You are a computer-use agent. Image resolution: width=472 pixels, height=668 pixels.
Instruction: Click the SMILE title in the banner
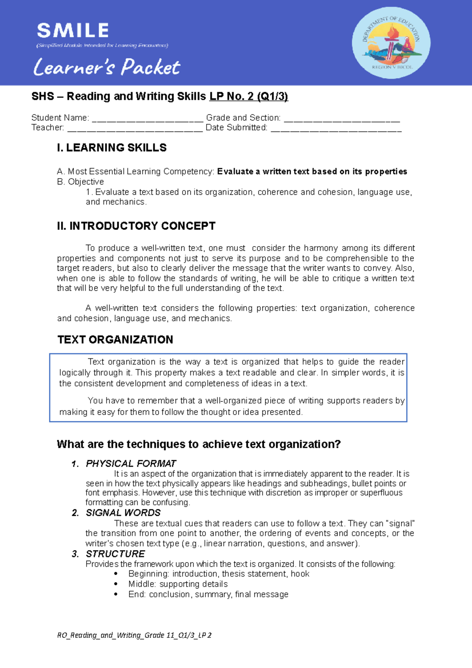(x=73, y=31)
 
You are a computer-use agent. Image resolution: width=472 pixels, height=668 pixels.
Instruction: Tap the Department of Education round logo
(x=391, y=43)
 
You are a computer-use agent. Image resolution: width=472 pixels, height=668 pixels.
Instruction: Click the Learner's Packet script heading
(x=107, y=67)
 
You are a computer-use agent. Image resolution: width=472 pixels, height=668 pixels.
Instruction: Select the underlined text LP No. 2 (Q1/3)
(x=249, y=96)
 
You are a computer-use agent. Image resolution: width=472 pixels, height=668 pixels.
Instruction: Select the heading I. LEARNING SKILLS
(x=112, y=148)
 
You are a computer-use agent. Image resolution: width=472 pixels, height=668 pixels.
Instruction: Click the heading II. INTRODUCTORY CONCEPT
(x=136, y=226)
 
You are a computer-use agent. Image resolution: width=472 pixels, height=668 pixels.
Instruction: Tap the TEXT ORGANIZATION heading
(x=115, y=340)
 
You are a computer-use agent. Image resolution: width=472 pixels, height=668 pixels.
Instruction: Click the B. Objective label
(x=80, y=182)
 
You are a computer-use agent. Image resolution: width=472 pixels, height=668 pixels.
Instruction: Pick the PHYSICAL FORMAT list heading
(x=131, y=464)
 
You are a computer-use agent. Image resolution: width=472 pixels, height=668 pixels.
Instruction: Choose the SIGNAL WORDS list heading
(x=123, y=513)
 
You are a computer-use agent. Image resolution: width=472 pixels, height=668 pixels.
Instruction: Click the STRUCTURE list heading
(x=115, y=554)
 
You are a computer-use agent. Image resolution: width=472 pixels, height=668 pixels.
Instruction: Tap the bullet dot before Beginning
(x=116, y=574)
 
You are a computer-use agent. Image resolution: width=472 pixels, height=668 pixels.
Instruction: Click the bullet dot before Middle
(x=116, y=584)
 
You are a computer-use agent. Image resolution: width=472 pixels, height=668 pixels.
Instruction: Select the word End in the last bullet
(x=136, y=594)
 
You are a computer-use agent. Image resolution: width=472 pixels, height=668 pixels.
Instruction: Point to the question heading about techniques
(x=199, y=445)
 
